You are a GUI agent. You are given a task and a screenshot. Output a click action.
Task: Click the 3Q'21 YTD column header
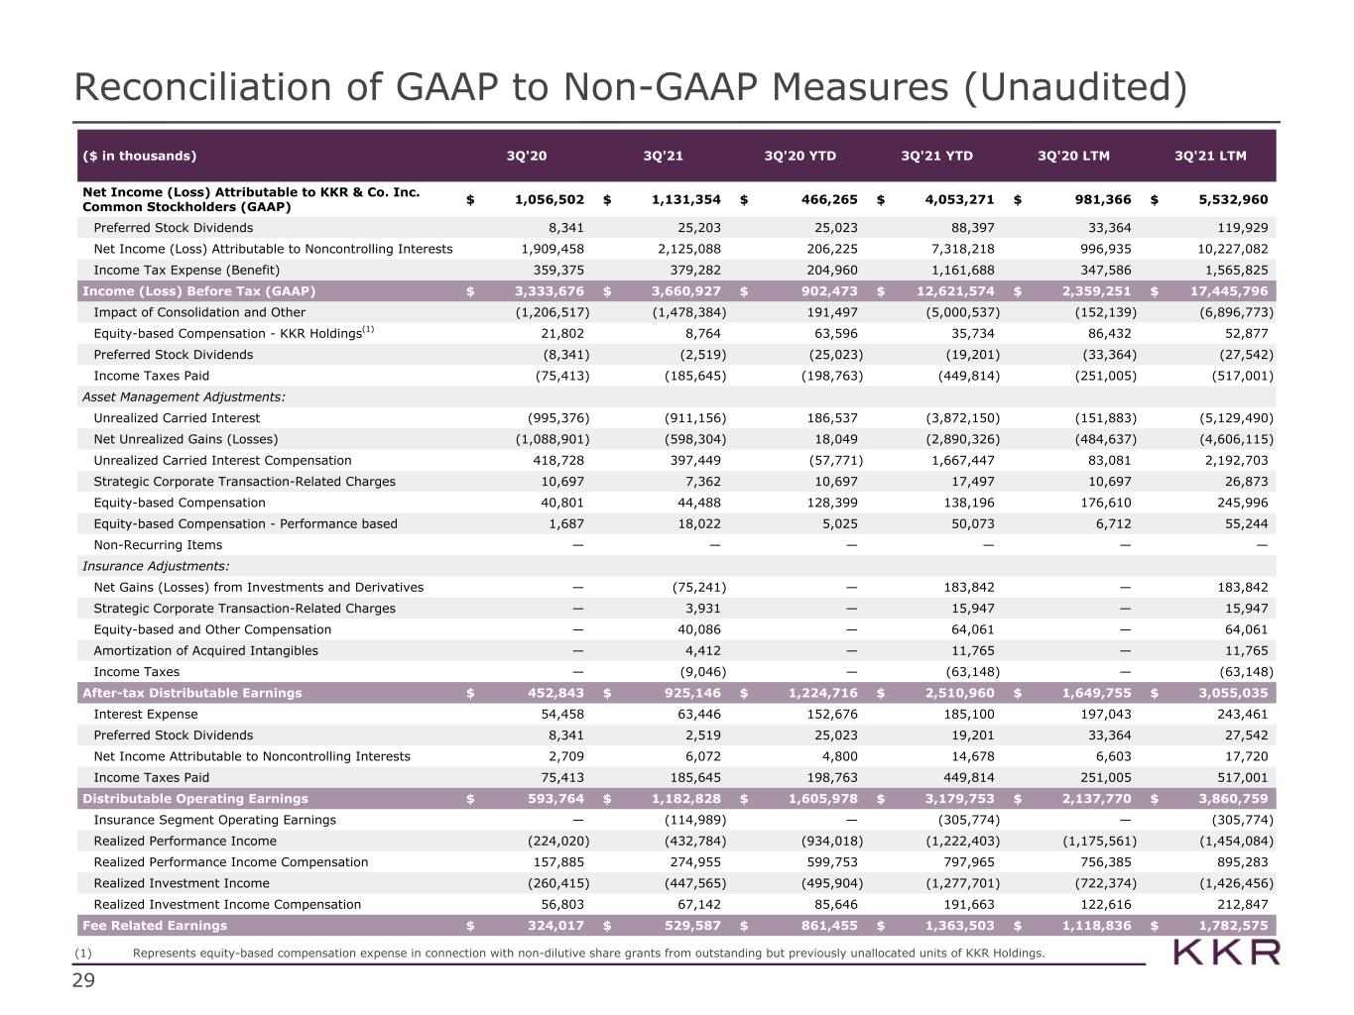(936, 156)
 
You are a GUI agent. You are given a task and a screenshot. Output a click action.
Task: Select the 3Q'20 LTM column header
(1073, 156)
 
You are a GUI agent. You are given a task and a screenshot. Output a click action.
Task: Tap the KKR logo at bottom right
(1226, 953)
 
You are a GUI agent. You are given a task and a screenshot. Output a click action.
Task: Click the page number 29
(83, 980)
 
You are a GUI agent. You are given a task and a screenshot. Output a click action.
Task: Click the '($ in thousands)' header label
(140, 156)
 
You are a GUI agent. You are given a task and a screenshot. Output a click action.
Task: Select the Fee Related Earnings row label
(155, 925)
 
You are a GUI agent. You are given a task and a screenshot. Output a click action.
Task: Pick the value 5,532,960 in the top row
(1233, 199)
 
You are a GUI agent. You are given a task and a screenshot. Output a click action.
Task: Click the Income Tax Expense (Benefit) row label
(186, 270)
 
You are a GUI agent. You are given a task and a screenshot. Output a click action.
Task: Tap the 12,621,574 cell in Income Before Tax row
(955, 290)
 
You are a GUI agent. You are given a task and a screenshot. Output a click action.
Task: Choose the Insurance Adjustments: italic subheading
(156, 566)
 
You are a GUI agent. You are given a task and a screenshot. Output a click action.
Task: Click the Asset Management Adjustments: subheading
(184, 396)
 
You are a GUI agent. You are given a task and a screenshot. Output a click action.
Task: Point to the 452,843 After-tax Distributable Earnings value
(555, 693)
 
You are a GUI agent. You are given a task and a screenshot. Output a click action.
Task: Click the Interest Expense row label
(146, 714)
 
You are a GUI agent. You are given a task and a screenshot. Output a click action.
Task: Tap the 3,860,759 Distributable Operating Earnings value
(1233, 798)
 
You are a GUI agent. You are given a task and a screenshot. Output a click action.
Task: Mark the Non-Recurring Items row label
(158, 545)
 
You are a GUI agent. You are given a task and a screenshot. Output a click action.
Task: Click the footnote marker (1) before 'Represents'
(82, 953)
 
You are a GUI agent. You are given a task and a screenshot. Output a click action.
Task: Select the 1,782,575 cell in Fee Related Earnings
(1233, 925)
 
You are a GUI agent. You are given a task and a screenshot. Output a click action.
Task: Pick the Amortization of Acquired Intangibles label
(205, 650)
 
